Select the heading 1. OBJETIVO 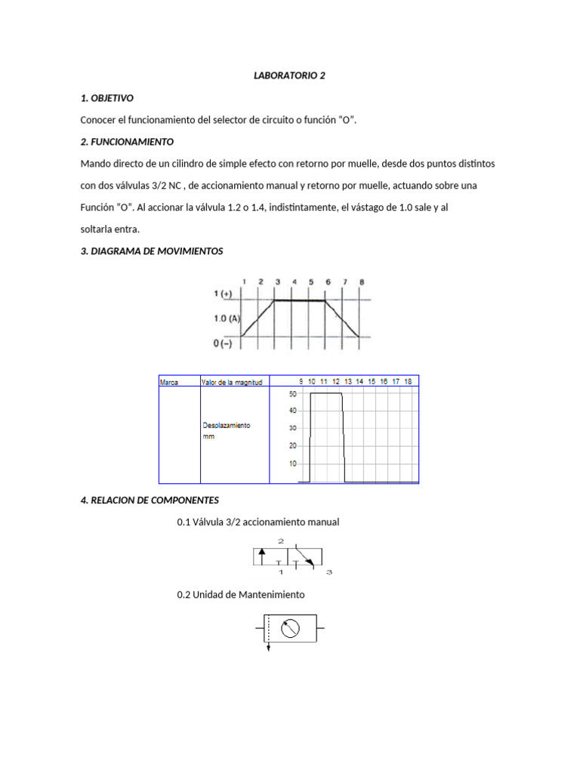106,98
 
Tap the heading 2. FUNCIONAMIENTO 127,141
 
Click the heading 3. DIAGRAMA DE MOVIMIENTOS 151,251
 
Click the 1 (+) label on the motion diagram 222,294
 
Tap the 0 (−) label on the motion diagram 224,343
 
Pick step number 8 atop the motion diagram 361,282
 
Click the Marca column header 169,382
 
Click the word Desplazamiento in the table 227,425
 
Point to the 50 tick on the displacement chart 292,393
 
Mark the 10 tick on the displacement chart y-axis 292,463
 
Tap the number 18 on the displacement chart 408,382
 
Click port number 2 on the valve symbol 281,541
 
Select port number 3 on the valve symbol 329,573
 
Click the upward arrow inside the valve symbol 262,557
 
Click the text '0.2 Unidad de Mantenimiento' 240,595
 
